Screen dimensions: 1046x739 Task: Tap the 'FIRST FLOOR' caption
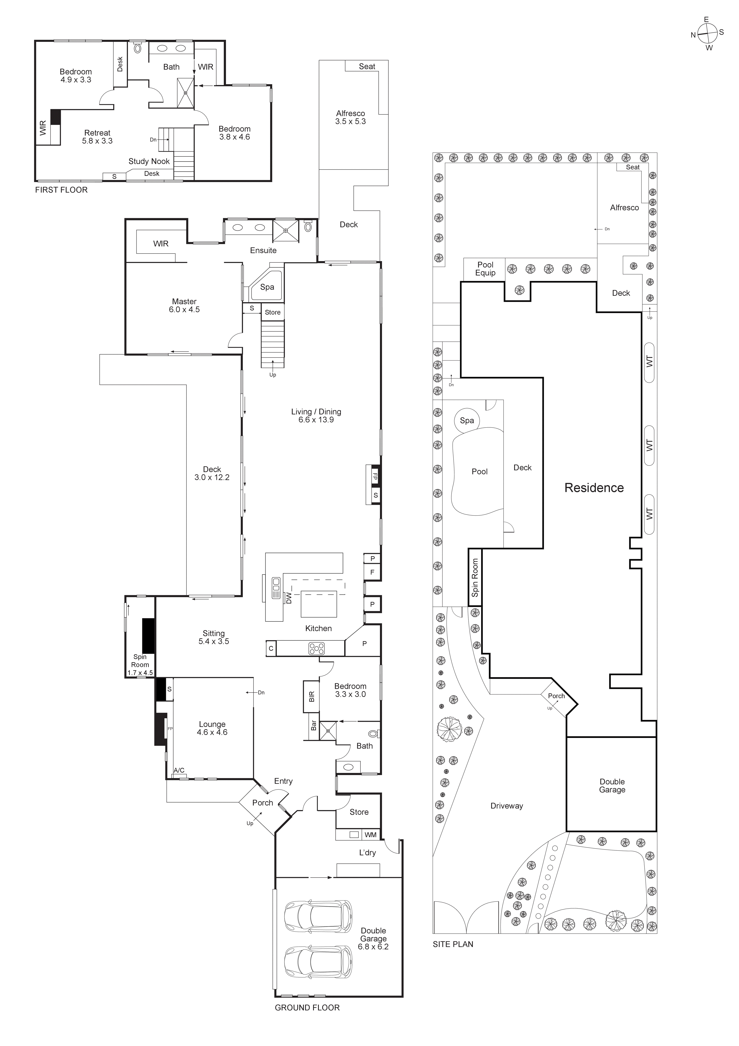pyautogui.click(x=61, y=190)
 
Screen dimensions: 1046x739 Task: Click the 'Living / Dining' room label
pyautogui.click(x=316, y=416)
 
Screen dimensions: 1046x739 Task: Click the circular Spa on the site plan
pyautogui.click(x=467, y=420)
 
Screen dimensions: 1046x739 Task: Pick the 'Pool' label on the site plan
pyautogui.click(x=480, y=472)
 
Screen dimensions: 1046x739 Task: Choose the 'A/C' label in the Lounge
pyautogui.click(x=179, y=770)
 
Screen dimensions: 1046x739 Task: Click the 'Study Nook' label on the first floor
pyautogui.click(x=149, y=161)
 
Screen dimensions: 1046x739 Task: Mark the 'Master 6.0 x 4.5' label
pyautogui.click(x=184, y=305)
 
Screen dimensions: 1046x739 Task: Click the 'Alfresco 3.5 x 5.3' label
pyautogui.click(x=350, y=117)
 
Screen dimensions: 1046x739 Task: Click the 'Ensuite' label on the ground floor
pyautogui.click(x=263, y=250)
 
